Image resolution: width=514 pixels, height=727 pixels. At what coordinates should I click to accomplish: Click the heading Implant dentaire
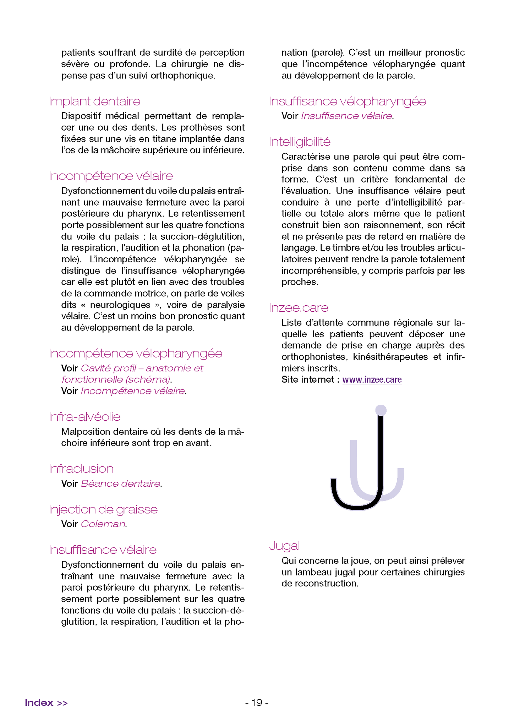(x=94, y=102)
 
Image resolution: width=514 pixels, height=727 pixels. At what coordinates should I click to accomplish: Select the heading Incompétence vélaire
(x=111, y=176)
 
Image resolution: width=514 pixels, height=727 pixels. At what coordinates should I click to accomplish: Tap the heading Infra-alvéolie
(x=84, y=417)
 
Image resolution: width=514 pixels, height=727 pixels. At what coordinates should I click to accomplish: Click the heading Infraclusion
(x=81, y=469)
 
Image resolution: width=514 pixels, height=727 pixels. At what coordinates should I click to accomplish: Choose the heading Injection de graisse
(x=103, y=509)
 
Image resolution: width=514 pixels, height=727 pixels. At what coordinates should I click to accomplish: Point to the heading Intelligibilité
(x=299, y=142)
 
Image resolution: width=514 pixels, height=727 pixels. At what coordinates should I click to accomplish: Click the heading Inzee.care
(x=298, y=308)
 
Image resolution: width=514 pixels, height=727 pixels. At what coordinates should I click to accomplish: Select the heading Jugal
(x=284, y=546)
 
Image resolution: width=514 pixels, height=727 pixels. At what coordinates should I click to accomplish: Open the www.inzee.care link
(x=372, y=380)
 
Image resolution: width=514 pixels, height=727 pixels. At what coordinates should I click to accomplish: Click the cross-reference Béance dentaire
(x=120, y=483)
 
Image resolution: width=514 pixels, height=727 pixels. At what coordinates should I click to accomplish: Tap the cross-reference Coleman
(x=103, y=524)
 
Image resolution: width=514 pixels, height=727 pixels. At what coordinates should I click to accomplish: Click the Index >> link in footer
(x=46, y=703)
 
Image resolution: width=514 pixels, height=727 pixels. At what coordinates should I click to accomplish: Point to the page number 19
(x=257, y=703)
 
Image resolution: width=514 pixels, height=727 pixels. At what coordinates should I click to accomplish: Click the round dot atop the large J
(x=381, y=410)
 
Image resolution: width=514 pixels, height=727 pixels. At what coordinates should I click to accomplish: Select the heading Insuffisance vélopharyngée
(x=347, y=102)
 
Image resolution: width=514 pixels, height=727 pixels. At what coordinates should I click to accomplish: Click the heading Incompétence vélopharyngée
(x=135, y=354)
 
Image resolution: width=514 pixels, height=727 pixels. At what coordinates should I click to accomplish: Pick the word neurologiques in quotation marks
(x=120, y=305)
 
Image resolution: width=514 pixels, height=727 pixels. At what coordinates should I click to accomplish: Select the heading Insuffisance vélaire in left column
(x=103, y=550)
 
